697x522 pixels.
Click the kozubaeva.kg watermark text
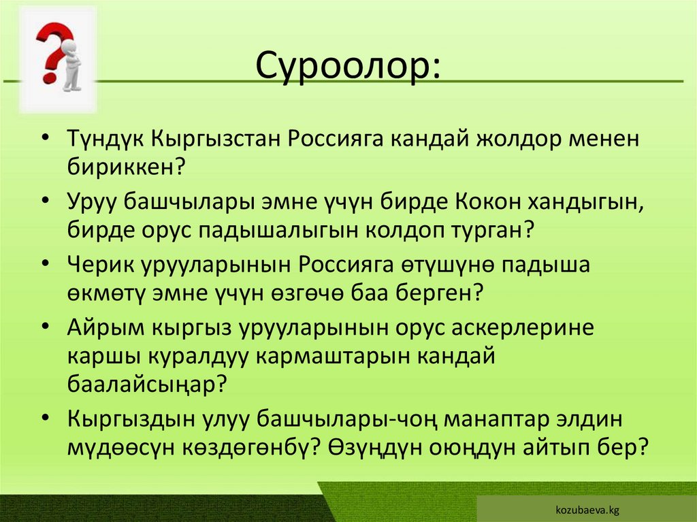click(586, 509)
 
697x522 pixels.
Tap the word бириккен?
click(127, 166)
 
